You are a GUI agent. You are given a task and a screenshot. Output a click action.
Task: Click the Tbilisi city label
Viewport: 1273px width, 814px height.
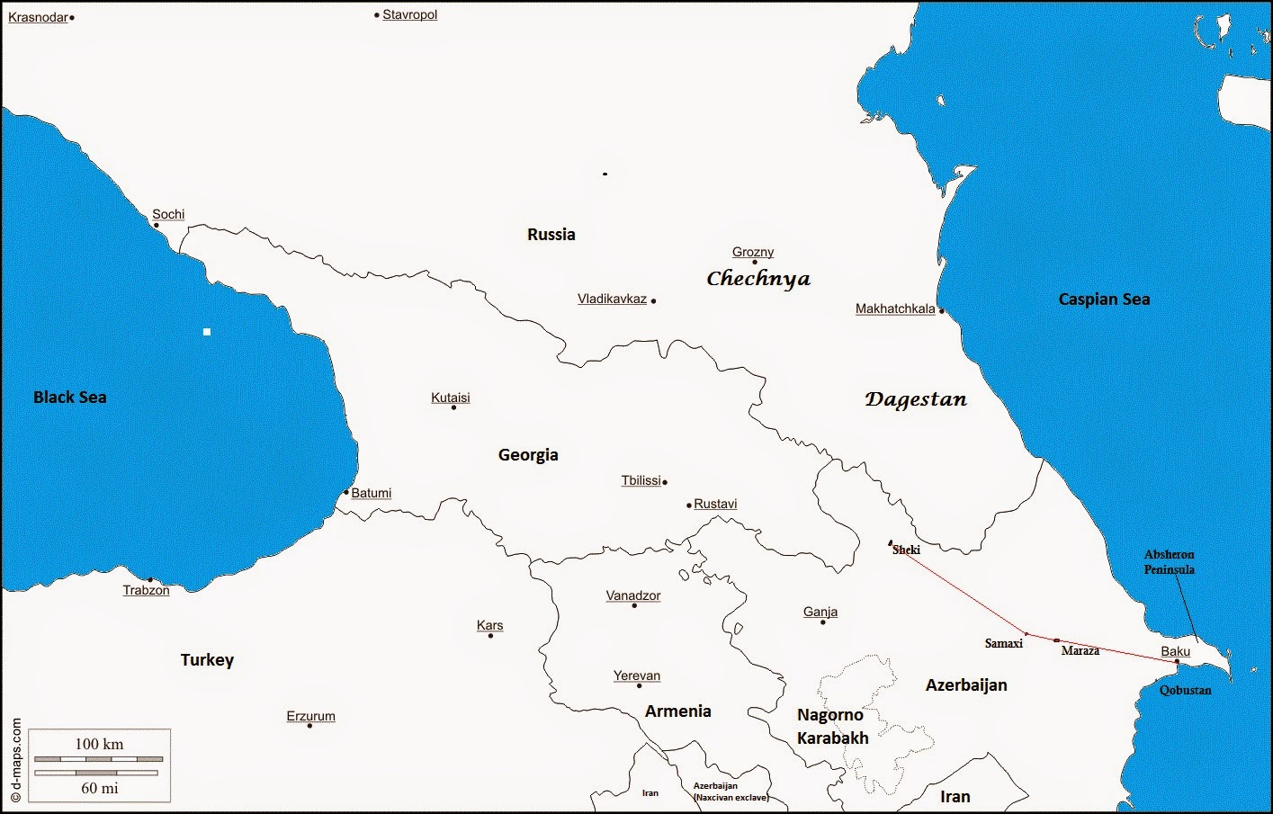click(641, 480)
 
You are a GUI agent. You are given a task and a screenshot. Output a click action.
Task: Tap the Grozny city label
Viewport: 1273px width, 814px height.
click(753, 252)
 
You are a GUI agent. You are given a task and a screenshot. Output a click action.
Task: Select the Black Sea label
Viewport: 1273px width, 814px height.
click(69, 398)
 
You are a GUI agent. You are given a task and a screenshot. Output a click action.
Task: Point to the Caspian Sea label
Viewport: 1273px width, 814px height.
click(1104, 300)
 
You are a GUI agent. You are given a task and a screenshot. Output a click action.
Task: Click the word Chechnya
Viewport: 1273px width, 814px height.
click(758, 279)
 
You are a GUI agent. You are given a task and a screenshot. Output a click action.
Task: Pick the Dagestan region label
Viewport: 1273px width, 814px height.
click(916, 399)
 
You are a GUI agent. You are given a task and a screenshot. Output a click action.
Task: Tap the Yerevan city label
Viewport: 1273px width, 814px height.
click(637, 675)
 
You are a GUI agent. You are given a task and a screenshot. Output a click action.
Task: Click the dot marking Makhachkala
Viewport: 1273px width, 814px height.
click(942, 311)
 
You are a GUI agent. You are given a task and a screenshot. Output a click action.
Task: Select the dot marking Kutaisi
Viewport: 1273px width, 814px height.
click(453, 407)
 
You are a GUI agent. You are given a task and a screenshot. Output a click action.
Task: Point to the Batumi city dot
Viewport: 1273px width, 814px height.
click(346, 492)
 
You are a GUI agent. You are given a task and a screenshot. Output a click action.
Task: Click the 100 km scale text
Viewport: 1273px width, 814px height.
click(99, 744)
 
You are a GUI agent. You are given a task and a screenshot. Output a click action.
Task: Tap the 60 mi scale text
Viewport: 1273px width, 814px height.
click(99, 788)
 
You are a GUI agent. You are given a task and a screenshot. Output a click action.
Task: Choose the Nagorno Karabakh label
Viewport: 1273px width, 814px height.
click(832, 726)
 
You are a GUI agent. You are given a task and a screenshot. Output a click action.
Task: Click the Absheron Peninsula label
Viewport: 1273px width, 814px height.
click(1169, 562)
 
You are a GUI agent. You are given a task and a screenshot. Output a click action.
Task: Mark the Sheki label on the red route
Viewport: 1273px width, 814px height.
click(906, 550)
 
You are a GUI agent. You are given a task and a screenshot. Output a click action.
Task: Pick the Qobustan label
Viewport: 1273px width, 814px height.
click(1185, 690)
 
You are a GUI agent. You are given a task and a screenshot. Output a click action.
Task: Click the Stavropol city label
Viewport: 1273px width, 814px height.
click(409, 14)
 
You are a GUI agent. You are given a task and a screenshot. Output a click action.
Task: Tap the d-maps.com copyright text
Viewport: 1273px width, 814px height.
click(15, 760)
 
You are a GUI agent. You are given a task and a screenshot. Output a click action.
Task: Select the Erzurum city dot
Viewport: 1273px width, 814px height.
click(309, 726)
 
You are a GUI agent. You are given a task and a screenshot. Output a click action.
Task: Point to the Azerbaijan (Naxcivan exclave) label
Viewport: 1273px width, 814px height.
click(730, 792)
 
